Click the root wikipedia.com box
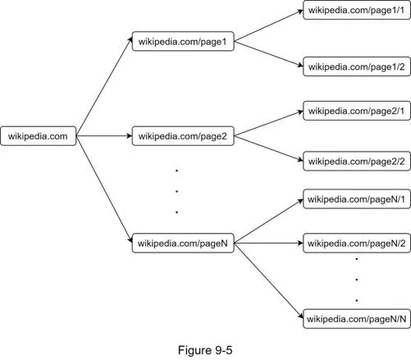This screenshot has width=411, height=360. [x=39, y=136]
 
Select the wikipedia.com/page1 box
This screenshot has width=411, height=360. [x=183, y=41]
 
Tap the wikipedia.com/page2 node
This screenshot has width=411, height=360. [x=183, y=136]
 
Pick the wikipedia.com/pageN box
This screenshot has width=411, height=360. [x=183, y=243]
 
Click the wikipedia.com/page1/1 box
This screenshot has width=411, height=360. [x=357, y=10]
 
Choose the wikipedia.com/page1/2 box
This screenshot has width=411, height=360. [x=357, y=66]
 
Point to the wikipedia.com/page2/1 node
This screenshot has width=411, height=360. [x=357, y=111]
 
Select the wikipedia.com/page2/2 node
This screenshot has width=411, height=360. [x=357, y=161]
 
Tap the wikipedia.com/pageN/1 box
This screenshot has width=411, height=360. [x=357, y=199]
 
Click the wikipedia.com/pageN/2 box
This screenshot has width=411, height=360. [x=357, y=243]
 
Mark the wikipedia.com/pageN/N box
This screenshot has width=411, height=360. [x=357, y=319]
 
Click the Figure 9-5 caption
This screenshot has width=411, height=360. [x=205, y=350]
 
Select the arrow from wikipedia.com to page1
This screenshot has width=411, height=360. [x=104, y=87]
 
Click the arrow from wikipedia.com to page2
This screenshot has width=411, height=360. [x=104, y=136]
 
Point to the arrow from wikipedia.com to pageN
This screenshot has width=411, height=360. [x=104, y=189]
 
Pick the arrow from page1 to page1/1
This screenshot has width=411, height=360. [x=269, y=26]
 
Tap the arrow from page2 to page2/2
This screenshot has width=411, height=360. [x=269, y=148]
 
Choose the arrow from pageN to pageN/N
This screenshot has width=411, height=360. [x=269, y=280]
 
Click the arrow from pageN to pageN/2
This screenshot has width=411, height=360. [x=269, y=243]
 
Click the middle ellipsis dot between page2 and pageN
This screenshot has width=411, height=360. [x=177, y=191]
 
